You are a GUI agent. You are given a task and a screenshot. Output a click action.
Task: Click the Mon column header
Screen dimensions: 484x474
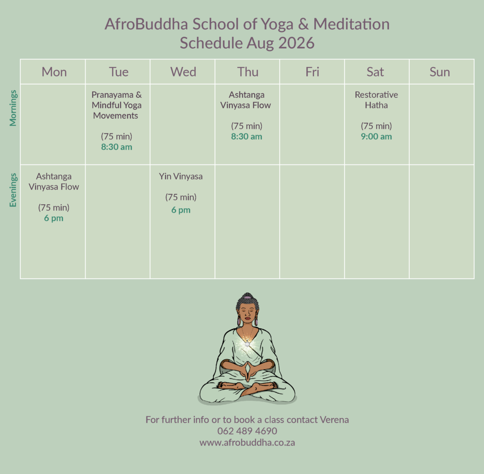click(54, 72)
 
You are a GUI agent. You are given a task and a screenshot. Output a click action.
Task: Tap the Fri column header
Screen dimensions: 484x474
click(312, 72)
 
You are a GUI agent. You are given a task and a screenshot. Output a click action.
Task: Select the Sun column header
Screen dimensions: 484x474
click(440, 72)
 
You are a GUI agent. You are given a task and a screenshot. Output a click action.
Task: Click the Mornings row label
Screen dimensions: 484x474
click(13, 108)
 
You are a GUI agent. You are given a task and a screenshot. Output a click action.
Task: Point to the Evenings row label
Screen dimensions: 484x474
click(13, 190)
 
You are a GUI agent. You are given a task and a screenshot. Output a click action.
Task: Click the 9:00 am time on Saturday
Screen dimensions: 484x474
click(376, 137)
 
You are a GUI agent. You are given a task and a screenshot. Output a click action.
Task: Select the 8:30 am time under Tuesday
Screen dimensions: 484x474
click(117, 147)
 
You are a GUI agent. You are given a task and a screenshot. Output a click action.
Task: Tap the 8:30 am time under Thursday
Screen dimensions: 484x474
click(247, 137)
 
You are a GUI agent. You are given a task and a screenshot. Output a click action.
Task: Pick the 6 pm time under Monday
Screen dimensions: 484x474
click(54, 218)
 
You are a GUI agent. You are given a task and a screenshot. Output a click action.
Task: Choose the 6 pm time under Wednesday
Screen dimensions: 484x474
click(181, 210)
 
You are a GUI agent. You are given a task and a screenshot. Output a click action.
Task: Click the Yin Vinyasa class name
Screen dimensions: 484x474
click(181, 177)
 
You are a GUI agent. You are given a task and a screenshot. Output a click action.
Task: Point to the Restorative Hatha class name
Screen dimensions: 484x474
click(376, 100)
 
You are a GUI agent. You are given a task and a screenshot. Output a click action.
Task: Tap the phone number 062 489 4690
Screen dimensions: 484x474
click(247, 431)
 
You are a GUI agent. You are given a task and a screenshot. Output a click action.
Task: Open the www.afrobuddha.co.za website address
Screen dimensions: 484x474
click(247, 442)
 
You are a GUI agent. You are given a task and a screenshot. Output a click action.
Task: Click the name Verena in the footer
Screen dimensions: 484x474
click(334, 420)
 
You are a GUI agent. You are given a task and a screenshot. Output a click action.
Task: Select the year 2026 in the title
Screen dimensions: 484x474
click(296, 43)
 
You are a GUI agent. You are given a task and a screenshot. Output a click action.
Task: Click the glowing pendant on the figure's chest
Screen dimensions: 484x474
click(247, 344)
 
